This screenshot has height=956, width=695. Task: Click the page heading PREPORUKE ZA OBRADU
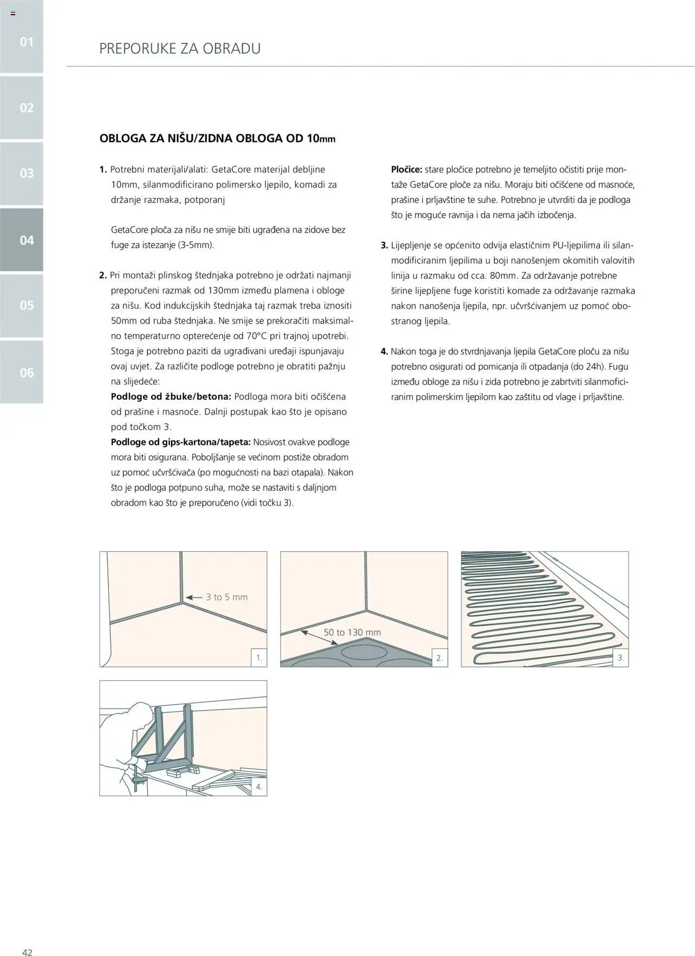pos(180,49)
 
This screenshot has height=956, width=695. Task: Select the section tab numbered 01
pos(27,42)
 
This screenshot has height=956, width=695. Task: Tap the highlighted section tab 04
pos(27,240)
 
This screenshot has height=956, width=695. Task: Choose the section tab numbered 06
pos(27,372)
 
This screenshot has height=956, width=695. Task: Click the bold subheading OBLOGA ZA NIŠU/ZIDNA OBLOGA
pos(217,138)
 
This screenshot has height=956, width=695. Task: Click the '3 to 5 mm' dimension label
pos(226,597)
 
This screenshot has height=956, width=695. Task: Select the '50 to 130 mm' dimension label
pos(352,633)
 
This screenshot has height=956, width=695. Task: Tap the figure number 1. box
pos(259,658)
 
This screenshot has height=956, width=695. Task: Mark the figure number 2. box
pos(440,658)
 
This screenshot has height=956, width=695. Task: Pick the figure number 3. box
pos(621,658)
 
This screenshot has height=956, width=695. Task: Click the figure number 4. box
pos(259,787)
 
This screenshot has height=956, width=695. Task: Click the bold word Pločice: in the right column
pos(407,170)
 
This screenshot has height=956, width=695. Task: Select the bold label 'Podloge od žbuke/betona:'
pos(171,397)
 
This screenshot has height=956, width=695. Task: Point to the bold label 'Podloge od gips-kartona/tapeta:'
pos(181,442)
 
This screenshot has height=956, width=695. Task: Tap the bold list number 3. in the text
pos(384,245)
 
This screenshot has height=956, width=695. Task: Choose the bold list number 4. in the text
pos(384,352)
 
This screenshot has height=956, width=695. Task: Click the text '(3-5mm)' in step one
pos(196,245)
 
